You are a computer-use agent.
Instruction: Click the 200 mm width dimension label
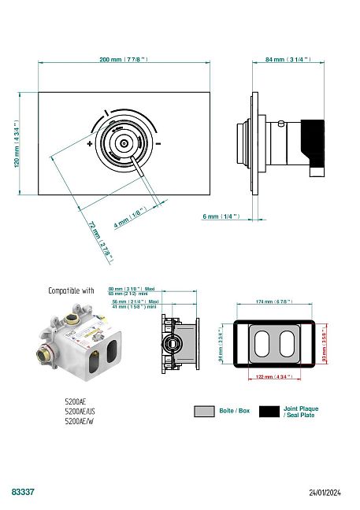tap(124, 60)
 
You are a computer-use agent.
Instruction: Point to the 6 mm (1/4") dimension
tap(221, 216)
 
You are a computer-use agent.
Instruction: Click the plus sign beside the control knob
tap(90, 144)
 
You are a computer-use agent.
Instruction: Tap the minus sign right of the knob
tap(158, 144)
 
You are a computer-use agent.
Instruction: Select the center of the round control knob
tap(124, 144)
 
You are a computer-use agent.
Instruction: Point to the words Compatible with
tap(71, 290)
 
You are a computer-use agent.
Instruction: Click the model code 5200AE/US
tap(80, 412)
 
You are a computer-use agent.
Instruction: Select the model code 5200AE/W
tap(78, 422)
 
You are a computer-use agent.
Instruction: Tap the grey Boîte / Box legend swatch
tap(204, 411)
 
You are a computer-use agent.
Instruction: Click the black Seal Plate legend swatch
tap(270, 411)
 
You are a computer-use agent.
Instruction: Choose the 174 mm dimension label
tap(275, 301)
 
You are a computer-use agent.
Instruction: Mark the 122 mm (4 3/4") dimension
tap(275, 377)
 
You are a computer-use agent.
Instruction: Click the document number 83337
tap(23, 491)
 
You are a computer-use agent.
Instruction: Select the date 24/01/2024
tap(325, 492)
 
